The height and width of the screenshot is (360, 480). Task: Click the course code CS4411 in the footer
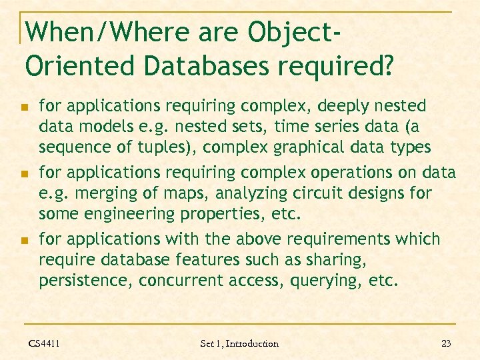tap(44, 343)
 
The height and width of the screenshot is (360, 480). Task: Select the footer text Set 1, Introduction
tap(239, 343)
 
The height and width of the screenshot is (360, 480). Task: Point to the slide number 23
tap(446, 343)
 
